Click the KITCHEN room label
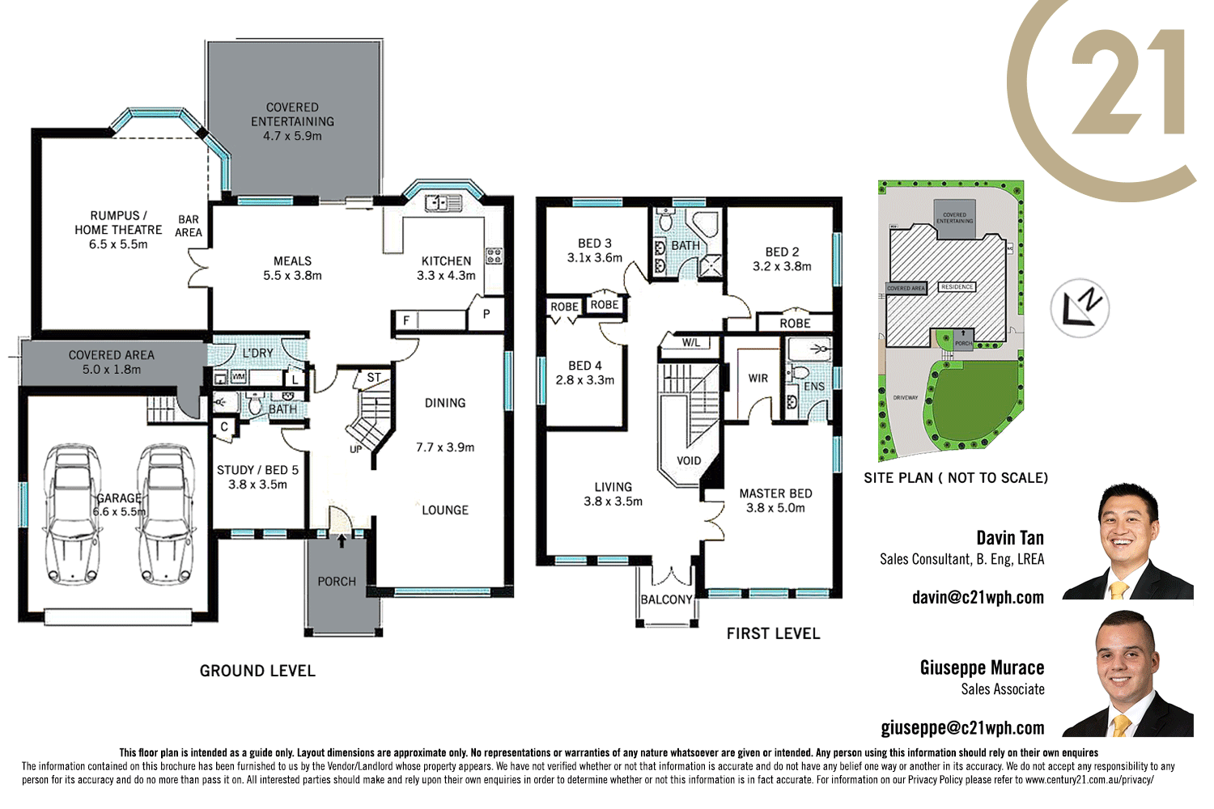446,260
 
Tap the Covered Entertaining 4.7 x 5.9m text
292,121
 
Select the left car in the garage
74,514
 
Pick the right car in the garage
165,514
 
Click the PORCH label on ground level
337,581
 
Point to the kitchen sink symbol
443,202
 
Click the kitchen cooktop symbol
494,256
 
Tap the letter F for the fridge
406,320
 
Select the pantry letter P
486,314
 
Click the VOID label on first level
689,460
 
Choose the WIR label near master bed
758,378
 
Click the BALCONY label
666,599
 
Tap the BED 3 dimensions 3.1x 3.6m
595,258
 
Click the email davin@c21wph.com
978,597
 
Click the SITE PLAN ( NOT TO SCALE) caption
956,477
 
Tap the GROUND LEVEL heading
257,671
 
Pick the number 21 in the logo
1129,83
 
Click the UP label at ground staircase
356,449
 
